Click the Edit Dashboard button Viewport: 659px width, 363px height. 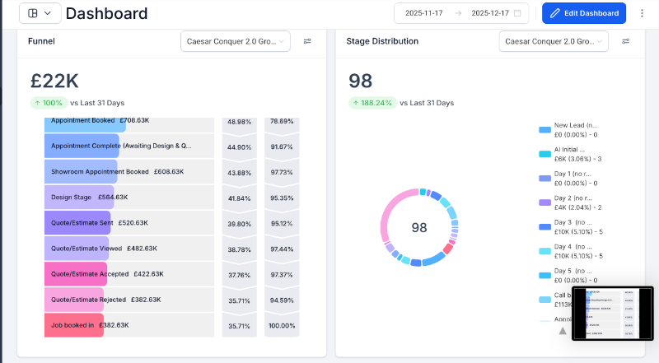584,13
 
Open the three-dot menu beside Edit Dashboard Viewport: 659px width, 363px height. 642,13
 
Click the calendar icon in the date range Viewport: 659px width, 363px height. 517,13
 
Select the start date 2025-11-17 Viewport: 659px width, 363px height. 424,13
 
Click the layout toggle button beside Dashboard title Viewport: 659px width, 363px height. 39,13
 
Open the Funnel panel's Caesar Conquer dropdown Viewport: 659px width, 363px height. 235,41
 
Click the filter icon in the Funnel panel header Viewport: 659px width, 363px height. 307,41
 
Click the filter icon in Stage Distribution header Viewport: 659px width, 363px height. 625,41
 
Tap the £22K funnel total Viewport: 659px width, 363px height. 54,81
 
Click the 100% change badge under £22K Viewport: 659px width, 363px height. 49,103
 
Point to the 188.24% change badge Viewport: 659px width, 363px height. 372,103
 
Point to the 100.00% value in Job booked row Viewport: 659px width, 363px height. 283,325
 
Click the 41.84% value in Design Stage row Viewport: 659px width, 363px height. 239,198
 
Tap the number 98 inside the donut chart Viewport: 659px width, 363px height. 419,228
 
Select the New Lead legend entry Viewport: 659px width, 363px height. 570,129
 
